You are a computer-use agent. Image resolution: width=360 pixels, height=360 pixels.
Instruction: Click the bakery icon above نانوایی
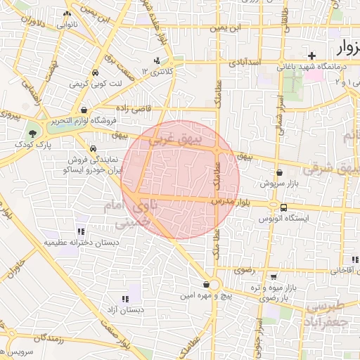pyautogui.click(x=67, y=13)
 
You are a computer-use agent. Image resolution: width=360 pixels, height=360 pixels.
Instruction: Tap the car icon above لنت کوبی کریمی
pyautogui.click(x=94, y=72)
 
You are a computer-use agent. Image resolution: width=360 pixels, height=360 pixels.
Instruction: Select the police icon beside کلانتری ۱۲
pyautogui.click(x=157, y=60)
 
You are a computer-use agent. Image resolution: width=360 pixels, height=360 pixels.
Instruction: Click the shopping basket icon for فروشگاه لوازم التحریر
pyautogui.click(x=84, y=110)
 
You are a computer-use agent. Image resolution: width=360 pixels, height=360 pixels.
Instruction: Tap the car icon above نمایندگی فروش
pyautogui.click(x=94, y=148)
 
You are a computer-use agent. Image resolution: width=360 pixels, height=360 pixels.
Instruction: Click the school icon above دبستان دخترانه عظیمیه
pyautogui.click(x=81, y=231)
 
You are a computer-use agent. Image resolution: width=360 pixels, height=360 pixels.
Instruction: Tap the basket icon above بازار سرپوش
pyautogui.click(x=280, y=172)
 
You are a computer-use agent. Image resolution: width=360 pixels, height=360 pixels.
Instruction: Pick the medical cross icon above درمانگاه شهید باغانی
pyautogui.click(x=311, y=55)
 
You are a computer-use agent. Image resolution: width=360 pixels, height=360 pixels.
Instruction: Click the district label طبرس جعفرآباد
pyautogui.click(x=324, y=313)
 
